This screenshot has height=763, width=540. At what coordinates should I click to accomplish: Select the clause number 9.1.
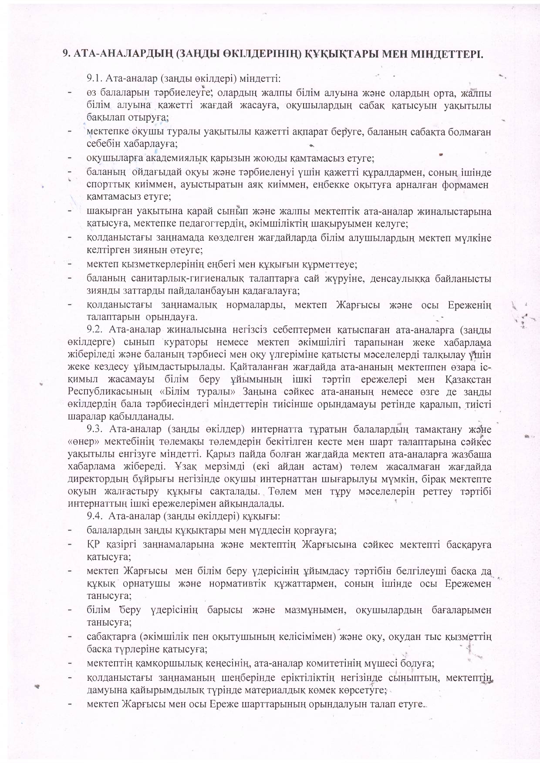[x=94, y=79]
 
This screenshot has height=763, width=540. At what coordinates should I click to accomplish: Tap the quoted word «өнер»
[x=81, y=442]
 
